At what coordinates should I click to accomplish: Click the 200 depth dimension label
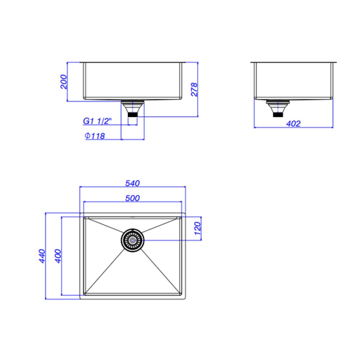[x=63, y=82]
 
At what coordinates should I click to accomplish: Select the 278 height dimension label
[x=194, y=90]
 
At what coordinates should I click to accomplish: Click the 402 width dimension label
[x=293, y=124]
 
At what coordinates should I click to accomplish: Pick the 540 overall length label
[x=132, y=183]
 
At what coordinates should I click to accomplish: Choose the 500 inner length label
[x=132, y=198]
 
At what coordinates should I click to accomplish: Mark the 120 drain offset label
[x=197, y=229]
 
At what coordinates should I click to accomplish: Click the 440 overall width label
[x=42, y=256]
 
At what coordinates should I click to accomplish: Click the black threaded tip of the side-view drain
[x=277, y=115]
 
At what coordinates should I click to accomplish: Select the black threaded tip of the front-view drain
[x=133, y=115]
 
